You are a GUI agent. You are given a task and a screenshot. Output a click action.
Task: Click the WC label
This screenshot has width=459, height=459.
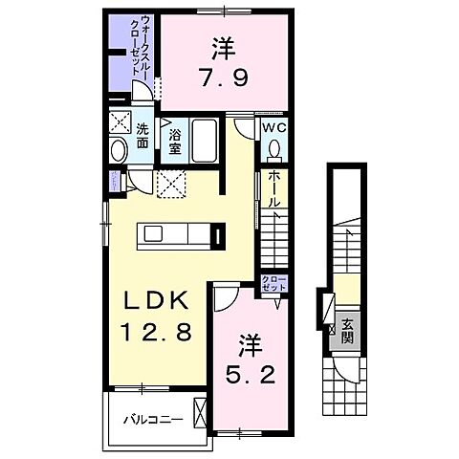pos(273,127)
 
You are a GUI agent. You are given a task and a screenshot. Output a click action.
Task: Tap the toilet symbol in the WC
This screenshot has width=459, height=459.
pos(274,150)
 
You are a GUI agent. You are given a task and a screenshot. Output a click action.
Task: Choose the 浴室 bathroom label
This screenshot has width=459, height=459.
pos(175,142)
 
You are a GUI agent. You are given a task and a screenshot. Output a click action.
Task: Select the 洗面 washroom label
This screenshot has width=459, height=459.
pos(142,136)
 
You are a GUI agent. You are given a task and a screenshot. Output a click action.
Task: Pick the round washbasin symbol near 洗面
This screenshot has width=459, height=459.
pos(120,151)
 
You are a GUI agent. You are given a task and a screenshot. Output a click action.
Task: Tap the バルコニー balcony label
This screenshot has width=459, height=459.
pos(153,419)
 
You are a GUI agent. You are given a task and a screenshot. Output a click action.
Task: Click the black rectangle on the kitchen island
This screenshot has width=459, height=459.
pos(220,234)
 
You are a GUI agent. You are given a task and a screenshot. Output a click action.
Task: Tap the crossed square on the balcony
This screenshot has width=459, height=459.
pos(199,414)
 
